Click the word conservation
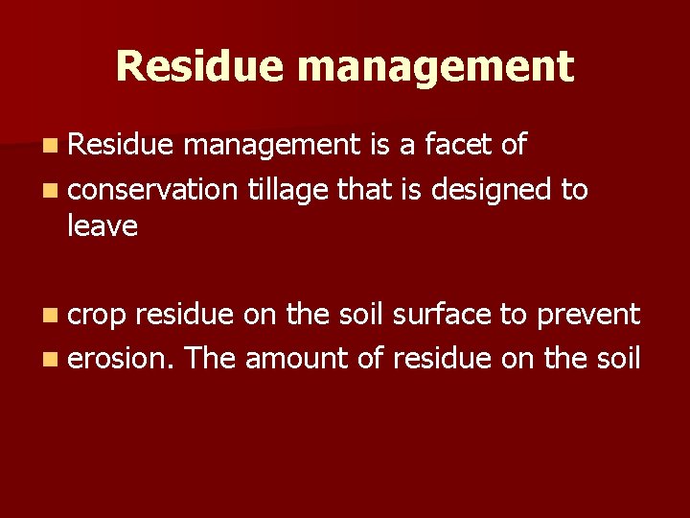152,189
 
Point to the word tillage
287,191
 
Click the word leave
103,226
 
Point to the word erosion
122,358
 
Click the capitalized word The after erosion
211,358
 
